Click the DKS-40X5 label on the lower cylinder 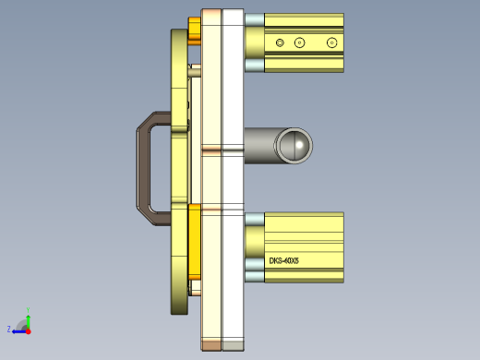[x=290, y=261]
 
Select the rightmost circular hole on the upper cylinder [x=332, y=42]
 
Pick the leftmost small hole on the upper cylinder [x=280, y=42]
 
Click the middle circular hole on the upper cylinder [x=299, y=42]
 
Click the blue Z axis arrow [x=18, y=329]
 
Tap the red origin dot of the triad [x=28, y=329]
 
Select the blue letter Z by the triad [x=8, y=329]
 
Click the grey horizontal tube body [x=263, y=145]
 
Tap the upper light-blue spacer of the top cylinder [x=254, y=20]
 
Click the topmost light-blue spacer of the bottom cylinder [x=254, y=220]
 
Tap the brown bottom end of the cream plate [x=211, y=345]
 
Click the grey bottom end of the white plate [x=233, y=345]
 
